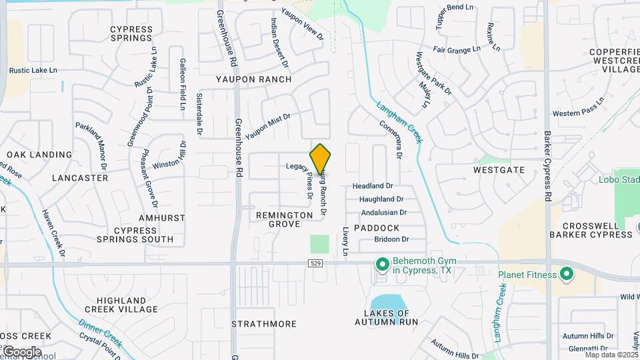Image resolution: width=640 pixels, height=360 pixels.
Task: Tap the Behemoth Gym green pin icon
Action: pos(382,265)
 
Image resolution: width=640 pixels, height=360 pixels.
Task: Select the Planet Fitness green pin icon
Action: pos(566,274)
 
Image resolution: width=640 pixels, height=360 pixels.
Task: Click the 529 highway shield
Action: pos(316,264)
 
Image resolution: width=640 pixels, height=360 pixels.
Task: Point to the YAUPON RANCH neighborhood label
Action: pos(253,79)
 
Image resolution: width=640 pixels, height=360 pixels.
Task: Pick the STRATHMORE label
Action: pos(264,324)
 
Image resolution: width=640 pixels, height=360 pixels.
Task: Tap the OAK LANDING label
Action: pos(39,155)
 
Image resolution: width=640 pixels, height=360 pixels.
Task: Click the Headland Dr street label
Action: pos(373,186)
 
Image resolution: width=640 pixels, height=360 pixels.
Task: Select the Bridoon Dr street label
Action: pos(391,239)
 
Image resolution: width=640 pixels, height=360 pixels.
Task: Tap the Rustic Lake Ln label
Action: pos(33,70)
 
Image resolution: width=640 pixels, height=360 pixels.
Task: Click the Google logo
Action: pos(21,351)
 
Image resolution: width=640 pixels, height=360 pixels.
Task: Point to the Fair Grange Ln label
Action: pos(457,49)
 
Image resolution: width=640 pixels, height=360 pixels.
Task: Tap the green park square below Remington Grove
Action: pos(320,243)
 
